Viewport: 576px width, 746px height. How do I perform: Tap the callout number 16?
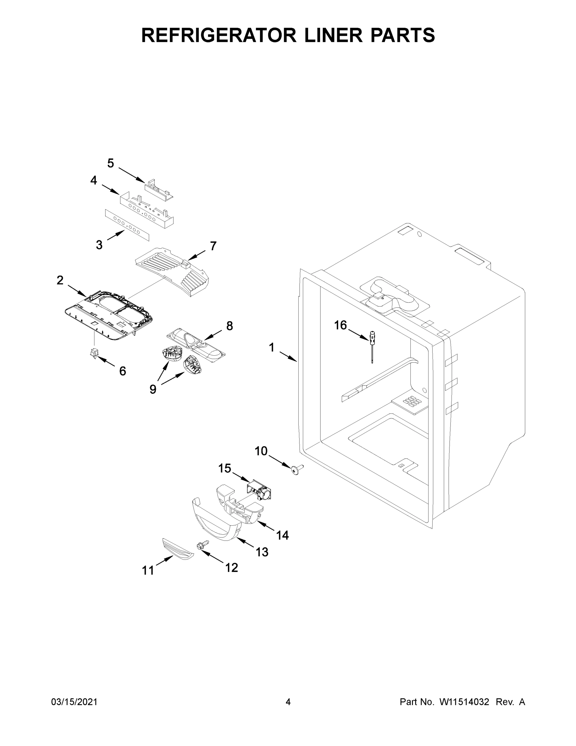(340, 325)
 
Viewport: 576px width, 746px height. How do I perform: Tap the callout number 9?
(153, 389)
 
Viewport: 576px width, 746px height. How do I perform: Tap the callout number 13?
(262, 552)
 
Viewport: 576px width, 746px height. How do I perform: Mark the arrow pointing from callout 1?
(288, 356)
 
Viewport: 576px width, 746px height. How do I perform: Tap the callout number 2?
(60, 280)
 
